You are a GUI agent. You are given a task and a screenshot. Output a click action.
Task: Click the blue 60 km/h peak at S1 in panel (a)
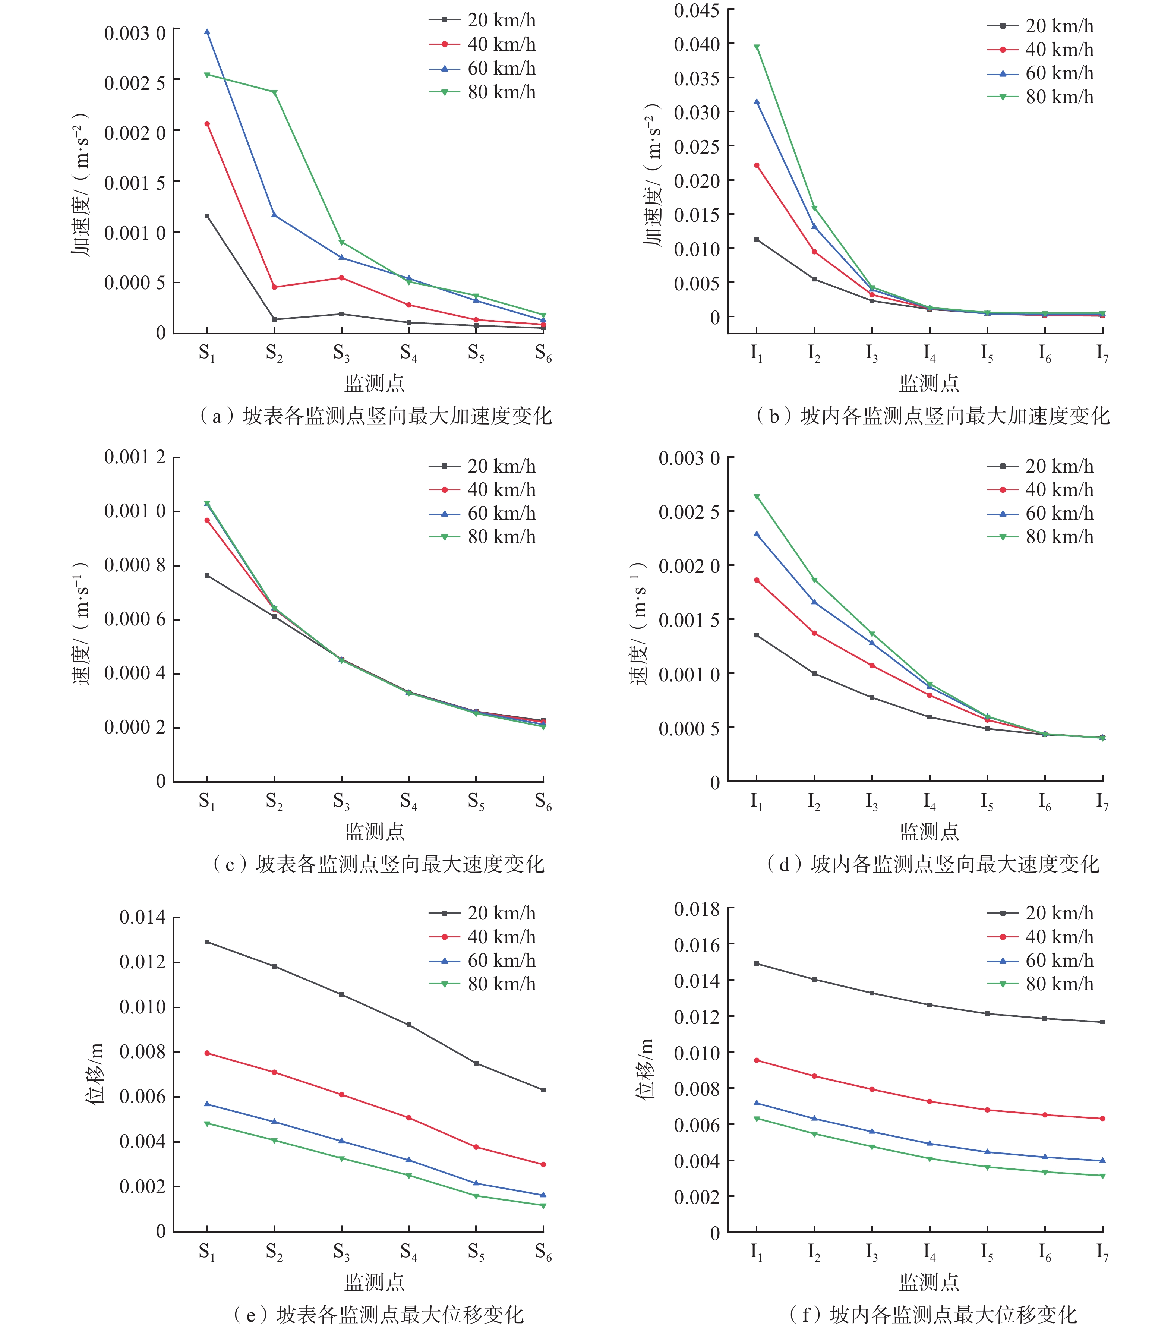[x=207, y=31]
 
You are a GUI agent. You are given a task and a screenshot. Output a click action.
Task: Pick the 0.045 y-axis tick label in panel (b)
[x=697, y=10]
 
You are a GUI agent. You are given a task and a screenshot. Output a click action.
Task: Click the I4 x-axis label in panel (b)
[x=930, y=353]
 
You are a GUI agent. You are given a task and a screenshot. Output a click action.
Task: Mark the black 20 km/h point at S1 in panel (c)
[x=207, y=575]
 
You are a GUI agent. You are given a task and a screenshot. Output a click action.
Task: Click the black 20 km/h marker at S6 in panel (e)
[x=543, y=1089]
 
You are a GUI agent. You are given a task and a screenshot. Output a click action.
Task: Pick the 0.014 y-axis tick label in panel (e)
[x=142, y=917]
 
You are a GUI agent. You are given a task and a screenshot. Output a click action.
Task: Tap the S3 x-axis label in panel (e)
[x=342, y=1251]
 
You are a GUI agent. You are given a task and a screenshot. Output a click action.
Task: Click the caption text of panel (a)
[x=376, y=416]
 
